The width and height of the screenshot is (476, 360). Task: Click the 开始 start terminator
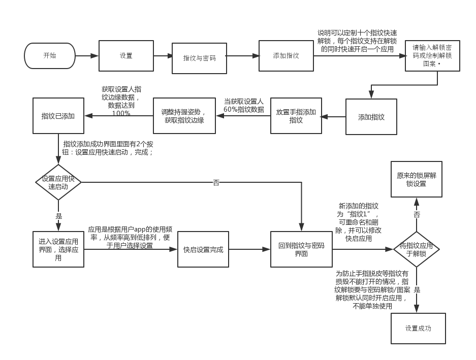coord(49,56)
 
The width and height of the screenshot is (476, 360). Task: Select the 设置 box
coord(126,56)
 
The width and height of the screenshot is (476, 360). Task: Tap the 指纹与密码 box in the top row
coord(199,58)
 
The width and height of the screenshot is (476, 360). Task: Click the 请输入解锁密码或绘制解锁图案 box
coord(432,56)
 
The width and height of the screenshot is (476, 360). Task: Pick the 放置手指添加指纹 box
coord(296,116)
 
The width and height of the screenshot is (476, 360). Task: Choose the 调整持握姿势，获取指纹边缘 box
coord(184,116)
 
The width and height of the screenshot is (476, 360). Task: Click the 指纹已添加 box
coord(58,116)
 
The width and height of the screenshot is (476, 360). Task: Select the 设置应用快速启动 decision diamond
coord(58,182)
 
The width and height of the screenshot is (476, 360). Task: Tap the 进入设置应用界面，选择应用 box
coord(58,249)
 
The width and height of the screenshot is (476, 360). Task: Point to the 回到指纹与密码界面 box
coord(301,249)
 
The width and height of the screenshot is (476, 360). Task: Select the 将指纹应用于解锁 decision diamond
coord(417,249)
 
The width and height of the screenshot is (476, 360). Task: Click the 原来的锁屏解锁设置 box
coord(416,179)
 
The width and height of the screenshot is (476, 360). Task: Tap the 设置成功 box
coord(418,329)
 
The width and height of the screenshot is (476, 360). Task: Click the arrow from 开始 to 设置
coord(87,56)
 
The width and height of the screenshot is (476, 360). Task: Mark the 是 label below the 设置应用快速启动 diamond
coord(58,216)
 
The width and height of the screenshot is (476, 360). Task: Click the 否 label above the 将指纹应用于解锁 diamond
coord(417,215)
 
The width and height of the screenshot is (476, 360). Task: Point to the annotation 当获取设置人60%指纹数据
coord(244,105)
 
